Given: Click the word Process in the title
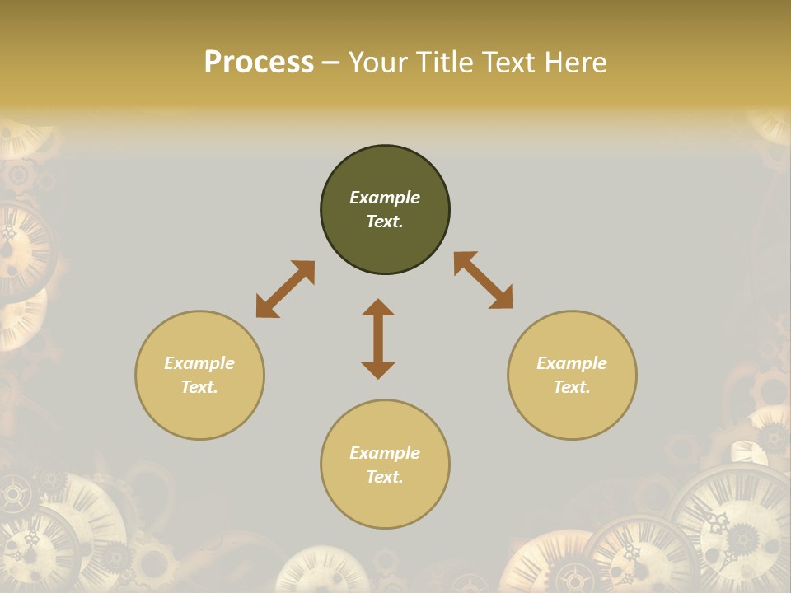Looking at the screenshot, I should pyautogui.click(x=259, y=63).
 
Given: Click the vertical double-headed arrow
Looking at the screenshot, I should pyautogui.click(x=378, y=339).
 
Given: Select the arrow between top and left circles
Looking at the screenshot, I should pyautogui.click(x=285, y=289).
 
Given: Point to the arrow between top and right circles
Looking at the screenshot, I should pyautogui.click(x=483, y=280).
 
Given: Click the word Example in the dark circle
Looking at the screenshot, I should pyautogui.click(x=385, y=198).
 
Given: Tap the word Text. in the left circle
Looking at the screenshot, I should pyautogui.click(x=199, y=387).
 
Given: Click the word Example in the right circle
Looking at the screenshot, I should pyautogui.click(x=572, y=363).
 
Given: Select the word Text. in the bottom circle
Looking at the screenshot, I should pyautogui.click(x=385, y=477).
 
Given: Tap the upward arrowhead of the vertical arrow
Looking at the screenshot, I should pyautogui.click(x=378, y=307).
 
